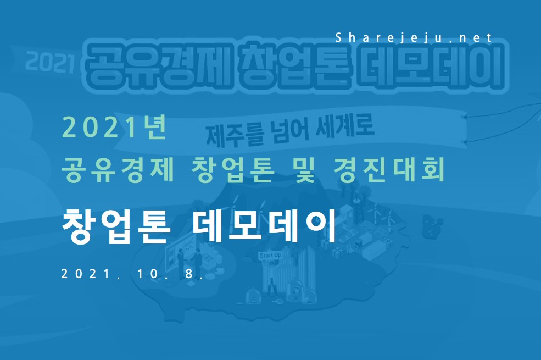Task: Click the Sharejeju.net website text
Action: point(414,37)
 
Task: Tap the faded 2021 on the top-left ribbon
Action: point(51,63)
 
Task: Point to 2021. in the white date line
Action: point(91,274)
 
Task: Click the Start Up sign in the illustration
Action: point(270,256)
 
